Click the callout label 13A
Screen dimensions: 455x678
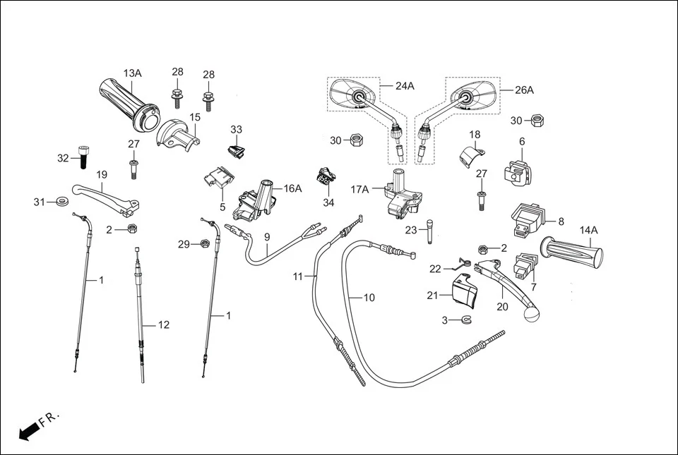(x=132, y=73)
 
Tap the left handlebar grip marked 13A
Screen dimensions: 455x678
(x=127, y=104)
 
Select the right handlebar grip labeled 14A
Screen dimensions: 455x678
(x=572, y=252)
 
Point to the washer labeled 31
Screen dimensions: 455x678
(x=61, y=203)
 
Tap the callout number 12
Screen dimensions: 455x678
(x=163, y=325)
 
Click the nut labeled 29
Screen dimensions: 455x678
(x=204, y=244)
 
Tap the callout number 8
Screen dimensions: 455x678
(x=561, y=221)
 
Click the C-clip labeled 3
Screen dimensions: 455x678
(x=465, y=321)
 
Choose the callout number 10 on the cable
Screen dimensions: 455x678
(x=369, y=298)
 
